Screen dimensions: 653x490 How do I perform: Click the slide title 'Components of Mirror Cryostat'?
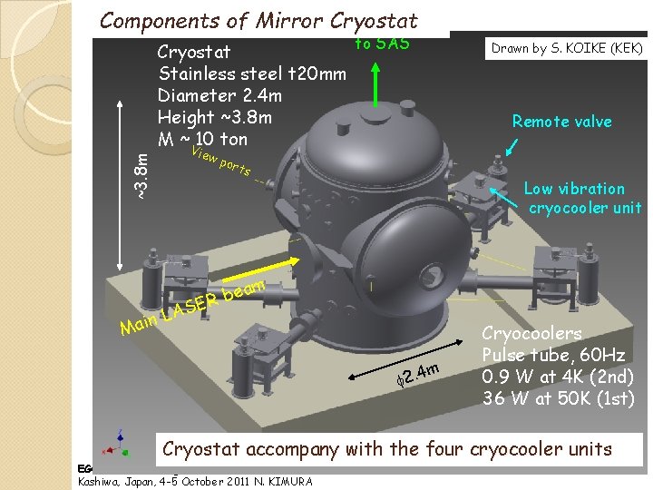pos(258,20)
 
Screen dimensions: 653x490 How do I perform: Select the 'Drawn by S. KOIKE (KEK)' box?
pos(567,48)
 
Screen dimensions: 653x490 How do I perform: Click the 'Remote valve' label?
pos(561,122)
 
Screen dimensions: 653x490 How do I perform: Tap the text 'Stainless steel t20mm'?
pos(251,73)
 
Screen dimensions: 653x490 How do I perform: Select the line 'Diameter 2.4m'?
pos(219,95)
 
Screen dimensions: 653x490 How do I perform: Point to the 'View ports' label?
pos(222,162)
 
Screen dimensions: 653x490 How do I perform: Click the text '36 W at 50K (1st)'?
pos(557,397)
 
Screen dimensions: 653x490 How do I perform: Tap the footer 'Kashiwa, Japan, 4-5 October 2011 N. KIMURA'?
pos(194,480)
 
